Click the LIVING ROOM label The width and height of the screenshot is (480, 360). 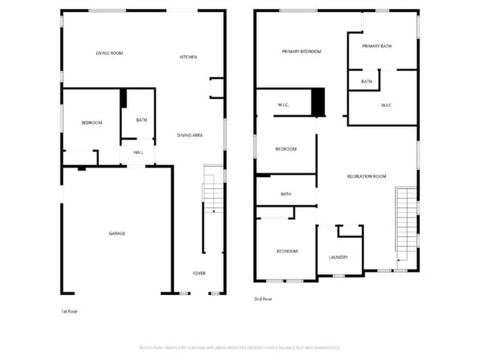(x=109, y=53)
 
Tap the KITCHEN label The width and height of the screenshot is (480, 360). (x=188, y=57)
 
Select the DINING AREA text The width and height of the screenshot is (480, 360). (x=190, y=135)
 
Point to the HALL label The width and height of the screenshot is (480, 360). (x=138, y=153)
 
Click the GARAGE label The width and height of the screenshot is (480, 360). (x=117, y=233)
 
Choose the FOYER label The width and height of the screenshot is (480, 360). (x=199, y=273)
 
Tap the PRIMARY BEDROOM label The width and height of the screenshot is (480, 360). (x=301, y=52)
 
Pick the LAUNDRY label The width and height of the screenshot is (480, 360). (x=338, y=257)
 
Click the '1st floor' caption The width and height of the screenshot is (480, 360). (x=69, y=311)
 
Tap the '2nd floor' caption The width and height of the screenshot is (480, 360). (x=263, y=300)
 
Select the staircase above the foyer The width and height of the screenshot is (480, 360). (x=213, y=193)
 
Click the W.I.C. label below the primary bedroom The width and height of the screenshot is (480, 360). (x=283, y=105)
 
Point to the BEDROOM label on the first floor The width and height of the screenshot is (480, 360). (x=92, y=122)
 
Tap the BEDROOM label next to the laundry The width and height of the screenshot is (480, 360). (x=287, y=252)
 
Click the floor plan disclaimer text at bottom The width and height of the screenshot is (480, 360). (x=240, y=347)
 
